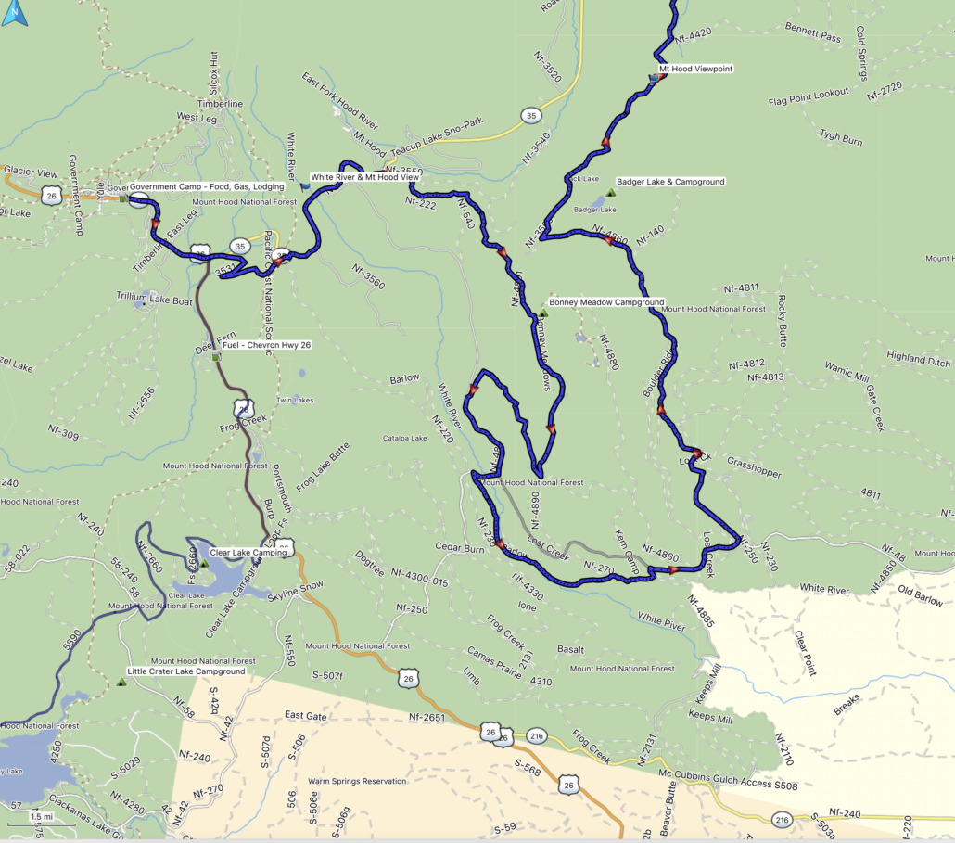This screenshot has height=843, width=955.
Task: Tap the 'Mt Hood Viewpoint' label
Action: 694,69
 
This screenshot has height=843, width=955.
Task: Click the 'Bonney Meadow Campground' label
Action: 606,302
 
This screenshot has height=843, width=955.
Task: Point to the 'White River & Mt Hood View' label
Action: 364,176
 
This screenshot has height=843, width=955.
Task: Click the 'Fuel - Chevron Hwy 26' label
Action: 266,345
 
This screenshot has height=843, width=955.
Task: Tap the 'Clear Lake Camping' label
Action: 248,552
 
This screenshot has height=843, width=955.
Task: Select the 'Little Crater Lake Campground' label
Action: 186,671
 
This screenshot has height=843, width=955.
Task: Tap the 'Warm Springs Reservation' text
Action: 357,782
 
